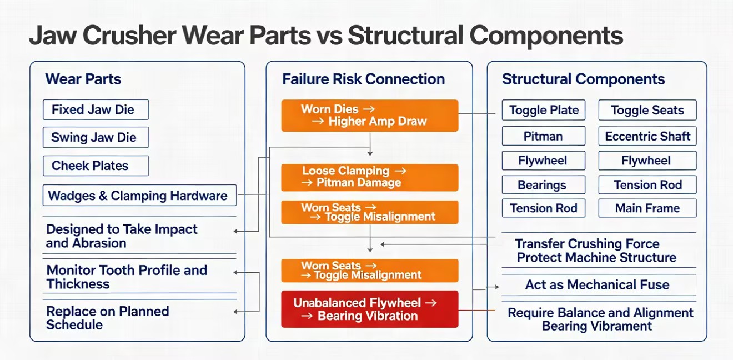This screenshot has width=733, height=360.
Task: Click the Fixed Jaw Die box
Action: click(x=96, y=109)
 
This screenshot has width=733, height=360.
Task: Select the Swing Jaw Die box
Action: click(x=96, y=137)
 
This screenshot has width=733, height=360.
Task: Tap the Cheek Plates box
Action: click(x=96, y=166)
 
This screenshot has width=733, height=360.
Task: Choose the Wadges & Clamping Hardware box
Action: click(x=139, y=196)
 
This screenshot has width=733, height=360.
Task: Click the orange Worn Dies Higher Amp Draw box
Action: click(x=370, y=116)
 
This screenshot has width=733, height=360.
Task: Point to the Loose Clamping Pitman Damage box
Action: click(x=370, y=177)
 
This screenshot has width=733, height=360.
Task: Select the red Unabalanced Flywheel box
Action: click(x=370, y=309)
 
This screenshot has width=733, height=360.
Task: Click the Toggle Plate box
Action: click(x=544, y=110)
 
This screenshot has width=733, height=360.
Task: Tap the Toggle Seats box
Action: click(x=647, y=110)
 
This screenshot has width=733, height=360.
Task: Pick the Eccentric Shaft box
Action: click(x=647, y=136)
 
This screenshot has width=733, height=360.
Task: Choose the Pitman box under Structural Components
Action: click(x=544, y=136)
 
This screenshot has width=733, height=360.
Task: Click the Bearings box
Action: click(x=544, y=185)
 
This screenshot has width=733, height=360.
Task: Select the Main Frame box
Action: click(x=647, y=208)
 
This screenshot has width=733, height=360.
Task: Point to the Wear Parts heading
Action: click(x=83, y=79)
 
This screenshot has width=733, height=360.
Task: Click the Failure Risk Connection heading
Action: click(x=364, y=79)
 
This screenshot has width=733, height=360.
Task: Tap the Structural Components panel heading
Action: click(x=584, y=79)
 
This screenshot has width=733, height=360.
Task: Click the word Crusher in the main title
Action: click(x=129, y=36)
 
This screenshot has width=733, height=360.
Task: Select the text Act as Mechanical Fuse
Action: click(x=597, y=285)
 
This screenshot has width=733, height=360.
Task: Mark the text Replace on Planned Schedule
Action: click(x=107, y=318)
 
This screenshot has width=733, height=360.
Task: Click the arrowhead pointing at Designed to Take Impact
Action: click(x=235, y=231)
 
